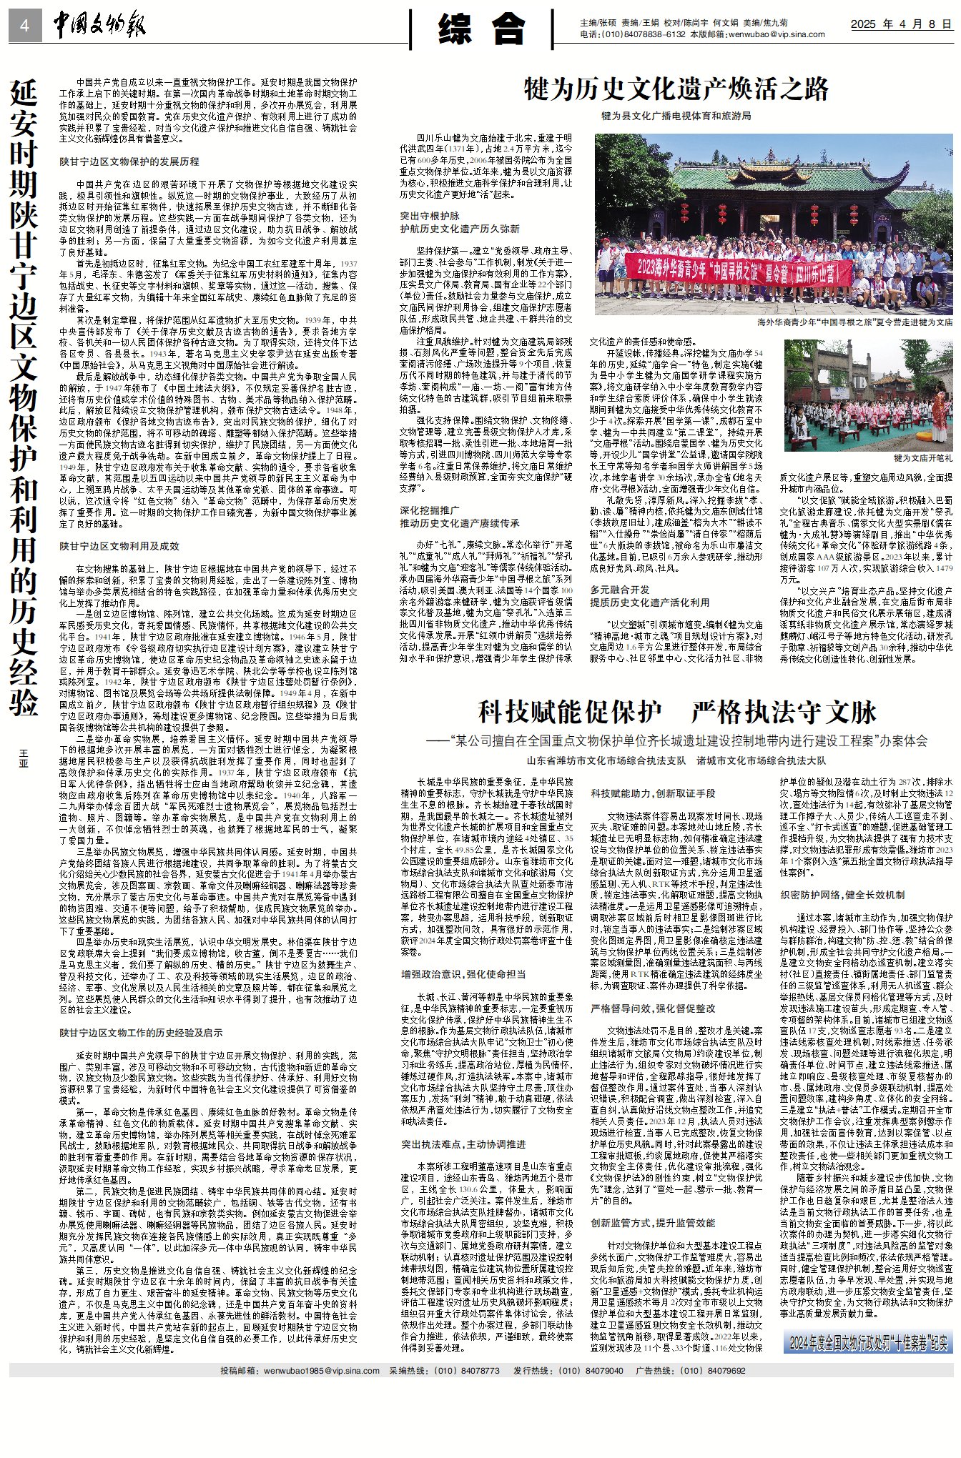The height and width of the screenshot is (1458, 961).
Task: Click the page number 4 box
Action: (x=25, y=26)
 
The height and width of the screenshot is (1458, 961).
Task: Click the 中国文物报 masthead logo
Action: (x=99, y=26)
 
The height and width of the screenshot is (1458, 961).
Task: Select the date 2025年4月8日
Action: (x=901, y=24)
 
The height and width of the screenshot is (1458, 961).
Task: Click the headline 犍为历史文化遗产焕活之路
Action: (x=676, y=89)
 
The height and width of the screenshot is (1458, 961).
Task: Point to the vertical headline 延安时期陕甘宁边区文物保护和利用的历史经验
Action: (x=25, y=397)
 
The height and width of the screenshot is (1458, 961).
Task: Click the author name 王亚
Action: (x=24, y=758)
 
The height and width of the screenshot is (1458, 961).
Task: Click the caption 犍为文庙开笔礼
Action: (x=922, y=457)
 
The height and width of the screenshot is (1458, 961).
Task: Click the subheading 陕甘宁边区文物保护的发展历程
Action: (x=129, y=162)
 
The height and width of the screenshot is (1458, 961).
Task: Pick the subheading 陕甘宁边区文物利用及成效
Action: (x=119, y=546)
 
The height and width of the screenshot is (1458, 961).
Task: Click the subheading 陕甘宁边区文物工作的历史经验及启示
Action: (x=141, y=1033)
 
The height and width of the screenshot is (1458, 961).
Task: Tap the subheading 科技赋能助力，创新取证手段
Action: (x=652, y=793)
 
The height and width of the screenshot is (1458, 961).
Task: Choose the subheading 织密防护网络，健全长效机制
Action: (x=842, y=894)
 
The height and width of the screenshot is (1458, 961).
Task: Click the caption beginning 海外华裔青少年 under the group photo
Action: (x=854, y=322)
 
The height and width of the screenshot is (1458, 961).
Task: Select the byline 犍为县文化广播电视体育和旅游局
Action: (x=676, y=116)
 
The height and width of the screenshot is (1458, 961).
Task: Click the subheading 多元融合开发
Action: (x=619, y=590)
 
